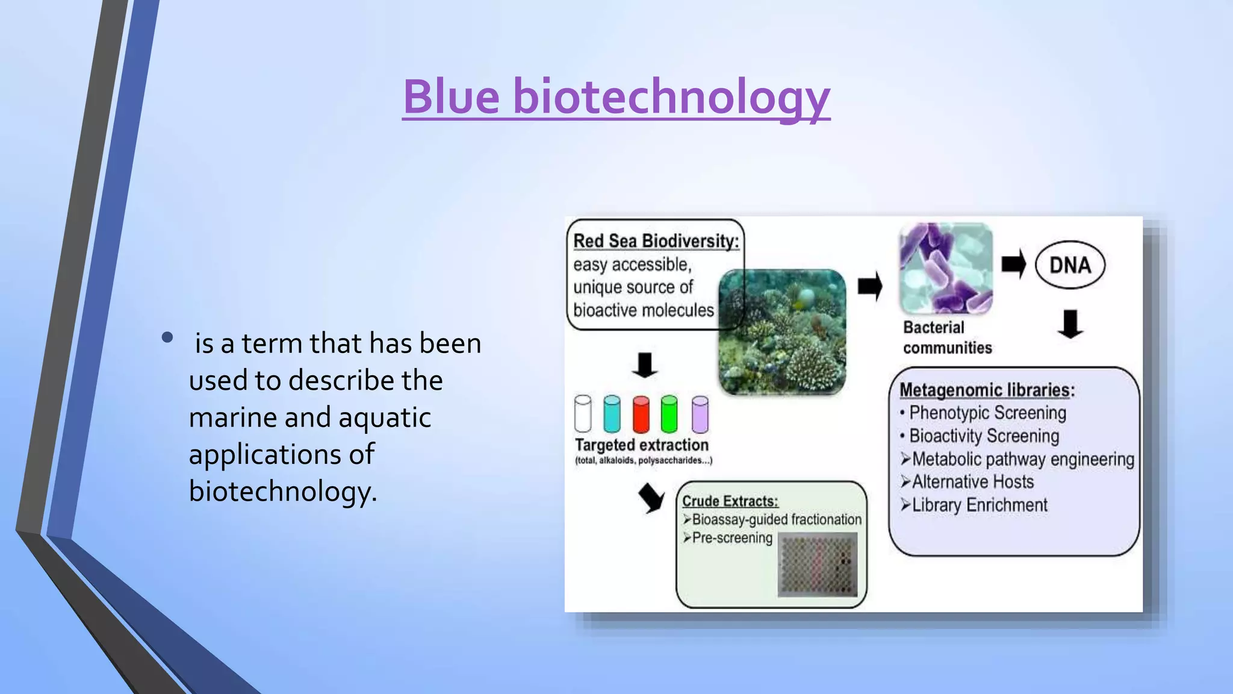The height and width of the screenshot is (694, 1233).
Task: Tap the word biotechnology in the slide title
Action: pyautogui.click(x=671, y=98)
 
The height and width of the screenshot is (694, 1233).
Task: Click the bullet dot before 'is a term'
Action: pyautogui.click(x=167, y=338)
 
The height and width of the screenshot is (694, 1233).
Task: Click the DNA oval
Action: pyautogui.click(x=1070, y=265)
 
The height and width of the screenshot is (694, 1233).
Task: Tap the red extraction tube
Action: pyautogui.click(x=641, y=414)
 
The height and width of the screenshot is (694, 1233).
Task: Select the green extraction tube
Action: pyautogui.click(x=669, y=414)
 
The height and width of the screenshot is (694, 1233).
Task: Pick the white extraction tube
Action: pyautogui.click(x=583, y=414)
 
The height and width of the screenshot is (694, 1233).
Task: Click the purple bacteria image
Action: pyautogui.click(x=945, y=268)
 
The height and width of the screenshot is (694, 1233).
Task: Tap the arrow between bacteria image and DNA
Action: pyautogui.click(x=1014, y=264)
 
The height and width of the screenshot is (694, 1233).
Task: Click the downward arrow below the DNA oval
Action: pyautogui.click(x=1070, y=324)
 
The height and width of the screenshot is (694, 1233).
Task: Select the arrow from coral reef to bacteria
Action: pyautogui.click(x=869, y=286)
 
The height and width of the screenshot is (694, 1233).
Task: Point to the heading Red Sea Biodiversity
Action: pyautogui.click(x=656, y=241)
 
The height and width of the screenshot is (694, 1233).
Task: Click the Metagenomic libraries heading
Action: pyautogui.click(x=986, y=390)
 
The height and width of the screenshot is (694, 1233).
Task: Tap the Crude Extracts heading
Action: pyautogui.click(x=730, y=501)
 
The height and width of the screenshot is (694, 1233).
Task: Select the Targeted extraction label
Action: pyautogui.click(x=641, y=445)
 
